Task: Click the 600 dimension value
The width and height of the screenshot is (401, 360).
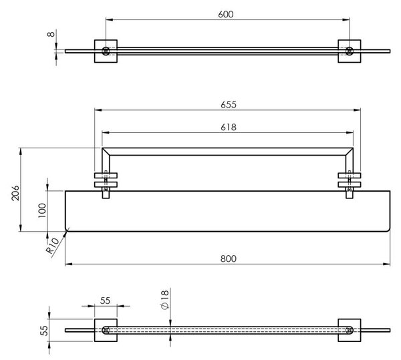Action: (226, 14)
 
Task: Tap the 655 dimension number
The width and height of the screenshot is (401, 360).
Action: (229, 105)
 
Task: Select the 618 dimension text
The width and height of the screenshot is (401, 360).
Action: (229, 128)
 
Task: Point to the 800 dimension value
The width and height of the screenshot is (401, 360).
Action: (229, 259)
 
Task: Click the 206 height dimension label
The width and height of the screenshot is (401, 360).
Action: (15, 193)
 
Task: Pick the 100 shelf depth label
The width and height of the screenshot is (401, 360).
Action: (42, 210)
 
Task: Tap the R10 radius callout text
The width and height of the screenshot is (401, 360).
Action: (52, 246)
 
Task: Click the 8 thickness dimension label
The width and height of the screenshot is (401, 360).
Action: (51, 34)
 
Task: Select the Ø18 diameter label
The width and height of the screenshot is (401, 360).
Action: (165, 300)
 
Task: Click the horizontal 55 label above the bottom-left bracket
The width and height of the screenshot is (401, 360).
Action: (105, 301)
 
